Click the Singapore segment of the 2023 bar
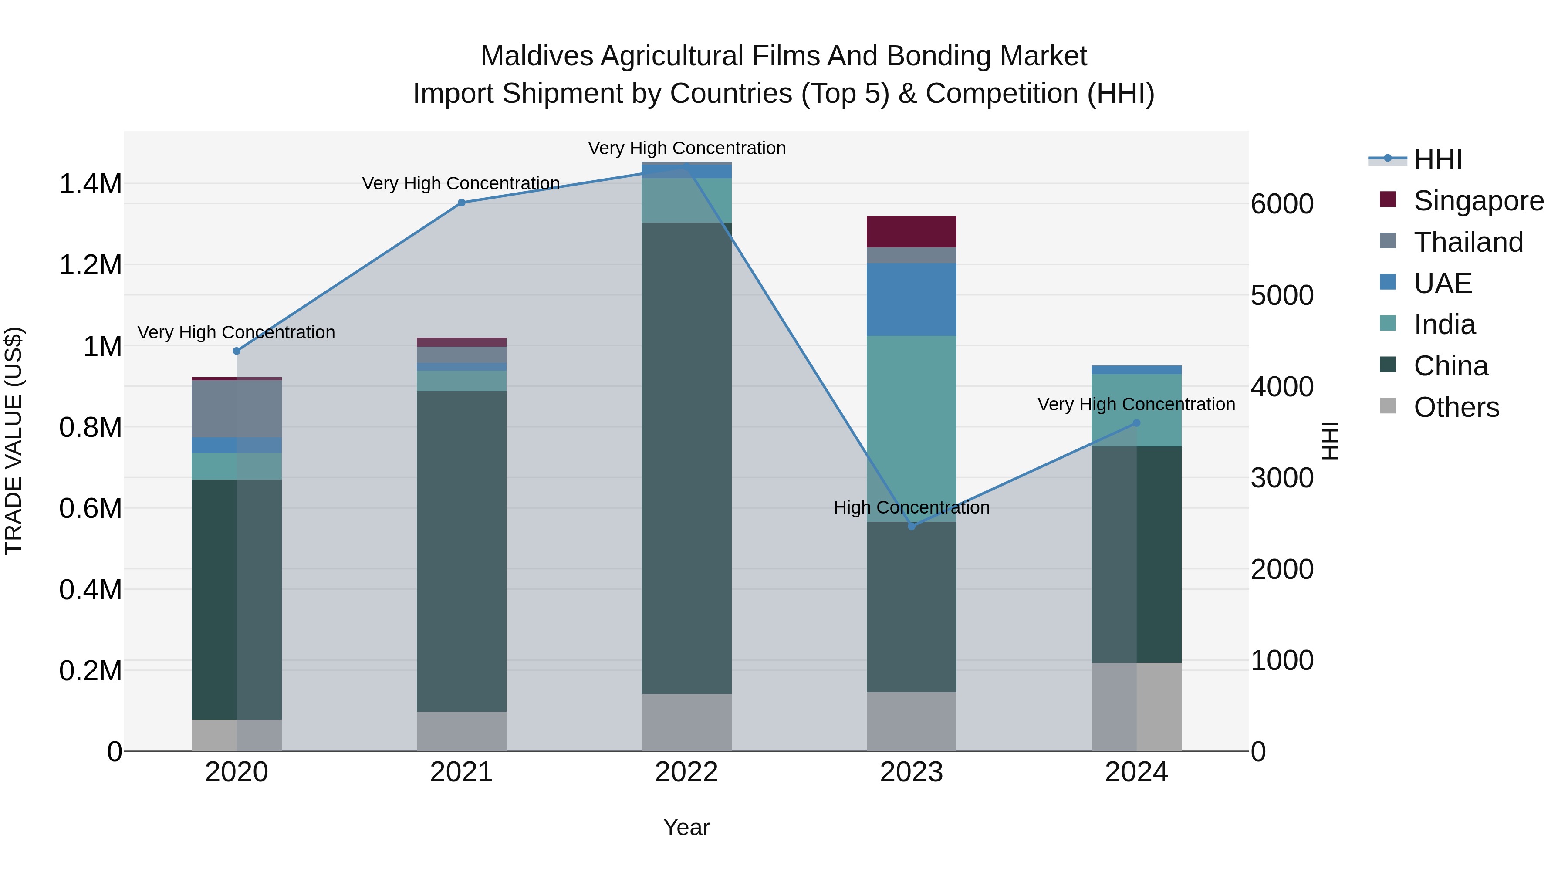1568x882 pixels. coord(911,231)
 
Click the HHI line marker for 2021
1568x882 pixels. coord(461,203)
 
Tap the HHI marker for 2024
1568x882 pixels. coord(1136,423)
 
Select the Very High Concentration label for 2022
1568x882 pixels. coord(686,148)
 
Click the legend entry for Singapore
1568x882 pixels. coord(1478,201)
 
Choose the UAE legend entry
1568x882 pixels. coord(1442,284)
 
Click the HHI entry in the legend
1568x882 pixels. coord(1437,159)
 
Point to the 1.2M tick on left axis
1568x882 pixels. coord(90,265)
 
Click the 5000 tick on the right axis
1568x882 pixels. coord(1282,296)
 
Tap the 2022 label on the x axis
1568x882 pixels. coord(686,772)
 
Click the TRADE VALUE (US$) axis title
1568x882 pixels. coord(14,441)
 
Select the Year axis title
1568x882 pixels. coord(686,827)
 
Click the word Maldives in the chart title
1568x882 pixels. coord(536,56)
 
